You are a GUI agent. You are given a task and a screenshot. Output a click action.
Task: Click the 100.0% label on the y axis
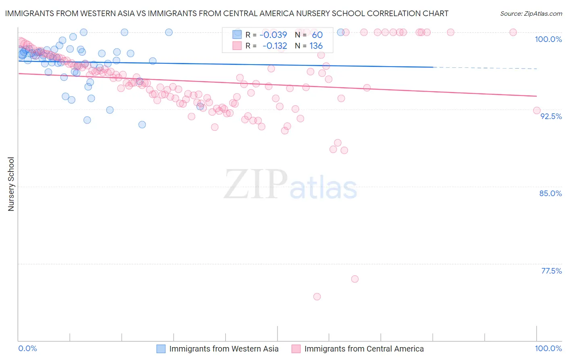tap(548, 39)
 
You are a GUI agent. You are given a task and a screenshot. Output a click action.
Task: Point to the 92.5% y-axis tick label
tap(551, 116)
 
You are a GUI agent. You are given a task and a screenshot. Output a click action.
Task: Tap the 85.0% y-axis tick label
tap(550, 193)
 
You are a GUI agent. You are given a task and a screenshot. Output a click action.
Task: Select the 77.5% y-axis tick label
tap(551, 271)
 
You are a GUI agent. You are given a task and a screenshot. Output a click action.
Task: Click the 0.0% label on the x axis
tap(27, 349)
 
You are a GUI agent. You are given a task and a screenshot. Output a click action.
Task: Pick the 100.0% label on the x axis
tap(548, 349)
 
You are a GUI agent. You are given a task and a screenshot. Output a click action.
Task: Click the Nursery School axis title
tap(11, 184)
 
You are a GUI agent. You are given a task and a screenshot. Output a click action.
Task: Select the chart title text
tap(227, 13)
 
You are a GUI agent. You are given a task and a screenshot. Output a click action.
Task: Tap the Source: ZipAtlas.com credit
tap(531, 13)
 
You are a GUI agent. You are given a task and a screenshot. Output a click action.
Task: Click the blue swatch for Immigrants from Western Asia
tap(161, 349)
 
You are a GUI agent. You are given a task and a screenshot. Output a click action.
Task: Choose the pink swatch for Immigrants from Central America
tap(296, 349)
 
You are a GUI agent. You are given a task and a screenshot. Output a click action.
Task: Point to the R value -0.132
tap(275, 46)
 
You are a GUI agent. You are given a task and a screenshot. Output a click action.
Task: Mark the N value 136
tap(316, 46)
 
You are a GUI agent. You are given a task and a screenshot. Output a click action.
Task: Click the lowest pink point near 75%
tap(317, 297)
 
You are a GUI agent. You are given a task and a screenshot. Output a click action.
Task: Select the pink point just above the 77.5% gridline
tap(355, 279)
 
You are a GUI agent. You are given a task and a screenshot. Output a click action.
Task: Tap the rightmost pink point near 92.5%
tap(537, 111)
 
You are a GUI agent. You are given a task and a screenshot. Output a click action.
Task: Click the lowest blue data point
tap(142, 125)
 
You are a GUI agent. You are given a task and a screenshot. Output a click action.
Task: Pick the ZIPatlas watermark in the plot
tap(290, 185)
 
